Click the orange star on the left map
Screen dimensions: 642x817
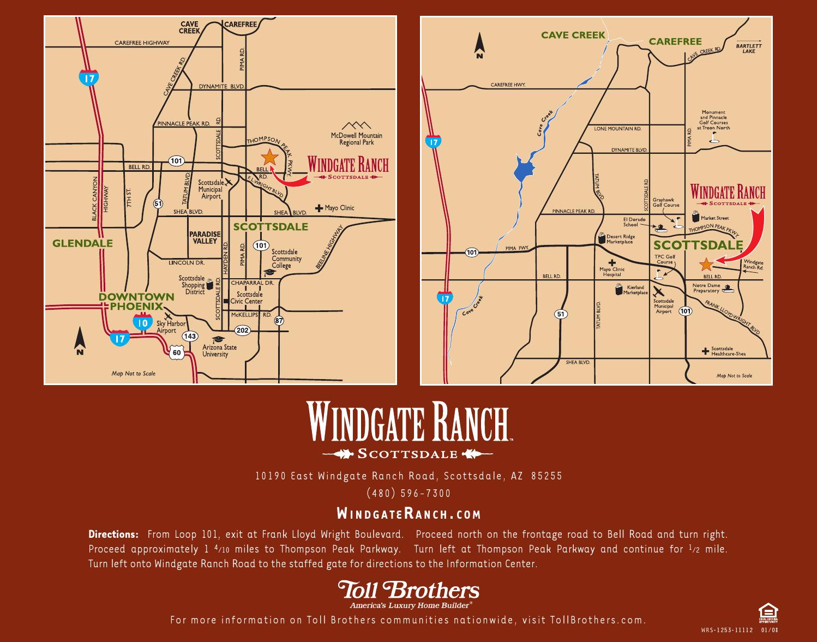click(269, 158)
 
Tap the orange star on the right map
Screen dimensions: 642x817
click(706, 265)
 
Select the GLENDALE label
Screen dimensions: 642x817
click(83, 243)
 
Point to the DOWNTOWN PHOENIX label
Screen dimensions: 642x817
click(136, 301)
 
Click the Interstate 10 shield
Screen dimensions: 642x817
click(143, 323)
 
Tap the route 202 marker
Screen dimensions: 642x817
click(242, 330)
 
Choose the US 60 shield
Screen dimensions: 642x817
click(177, 352)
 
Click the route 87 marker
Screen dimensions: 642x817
click(279, 321)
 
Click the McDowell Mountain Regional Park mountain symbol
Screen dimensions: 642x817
click(356, 125)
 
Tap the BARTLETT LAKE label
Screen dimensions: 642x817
click(749, 48)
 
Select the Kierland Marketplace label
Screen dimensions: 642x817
click(635, 290)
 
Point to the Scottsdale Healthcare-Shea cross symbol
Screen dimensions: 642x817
click(706, 351)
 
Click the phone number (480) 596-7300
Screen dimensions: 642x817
click(408, 493)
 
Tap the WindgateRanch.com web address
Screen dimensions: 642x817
click(408, 514)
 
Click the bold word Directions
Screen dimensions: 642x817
click(113, 535)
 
